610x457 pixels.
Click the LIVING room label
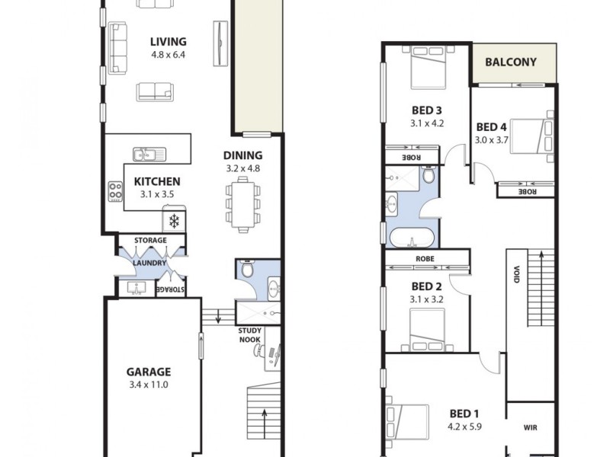[x=168, y=42]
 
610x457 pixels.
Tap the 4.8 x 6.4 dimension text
[x=168, y=55]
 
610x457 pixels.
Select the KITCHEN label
[x=157, y=181]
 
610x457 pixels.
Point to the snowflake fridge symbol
[x=174, y=222]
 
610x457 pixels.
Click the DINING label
[x=243, y=155]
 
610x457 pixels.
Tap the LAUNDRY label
[x=149, y=264]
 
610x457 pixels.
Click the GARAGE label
[x=149, y=372]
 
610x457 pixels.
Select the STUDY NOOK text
[x=250, y=335]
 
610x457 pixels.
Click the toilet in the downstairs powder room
[x=246, y=269]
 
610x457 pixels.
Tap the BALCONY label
[x=511, y=63]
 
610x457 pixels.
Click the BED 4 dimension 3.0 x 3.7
[x=491, y=139]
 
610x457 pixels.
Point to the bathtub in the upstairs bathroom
[x=413, y=238]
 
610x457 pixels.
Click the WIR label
[x=531, y=428]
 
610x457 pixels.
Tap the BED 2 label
[x=427, y=286]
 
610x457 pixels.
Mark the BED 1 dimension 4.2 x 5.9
[x=464, y=427]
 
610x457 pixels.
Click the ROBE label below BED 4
[x=526, y=192]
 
